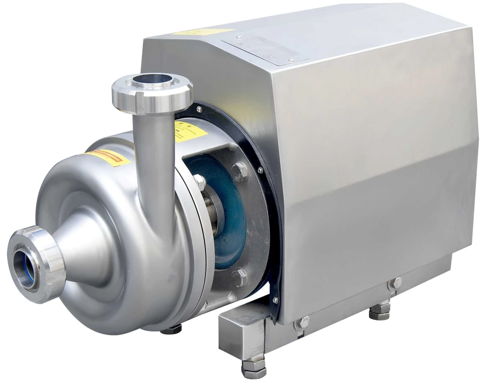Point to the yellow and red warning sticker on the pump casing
(x=108, y=157)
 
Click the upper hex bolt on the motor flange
(x=240, y=171)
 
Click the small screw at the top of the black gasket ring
(x=199, y=109)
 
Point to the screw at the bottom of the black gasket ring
(x=274, y=300)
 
